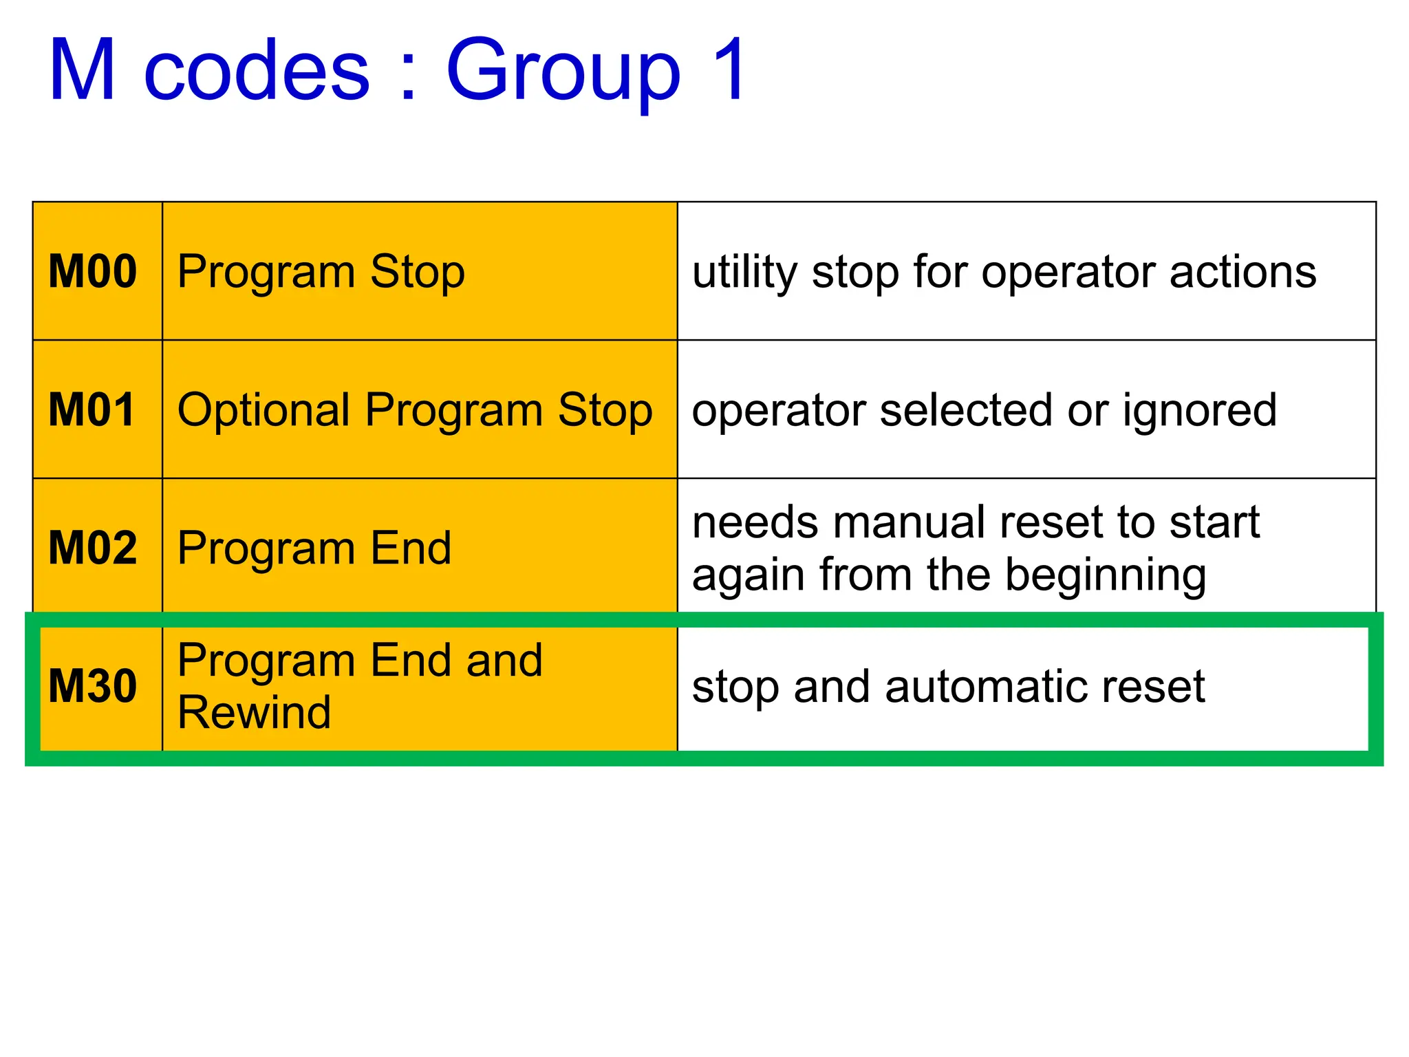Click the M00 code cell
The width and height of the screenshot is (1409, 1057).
pyautogui.click(x=93, y=272)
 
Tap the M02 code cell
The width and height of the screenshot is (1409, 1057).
pyautogui.click(x=93, y=548)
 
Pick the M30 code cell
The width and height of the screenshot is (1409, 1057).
pyautogui.click(x=93, y=686)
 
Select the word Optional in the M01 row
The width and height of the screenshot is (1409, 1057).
pyautogui.click(x=265, y=410)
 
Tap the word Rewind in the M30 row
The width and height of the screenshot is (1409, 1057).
pyautogui.click(x=254, y=712)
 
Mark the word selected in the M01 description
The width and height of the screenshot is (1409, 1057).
pyautogui.click(x=967, y=410)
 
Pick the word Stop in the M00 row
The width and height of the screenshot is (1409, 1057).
pyautogui.click(x=418, y=273)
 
